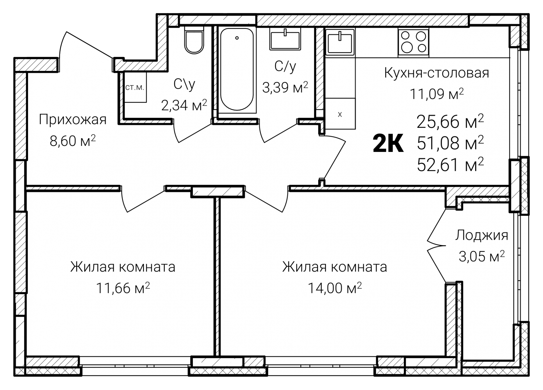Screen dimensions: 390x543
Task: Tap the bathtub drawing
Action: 237,69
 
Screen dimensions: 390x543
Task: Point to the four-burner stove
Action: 413,42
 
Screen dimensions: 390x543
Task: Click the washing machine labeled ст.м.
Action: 135,88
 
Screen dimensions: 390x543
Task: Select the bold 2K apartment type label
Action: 388,144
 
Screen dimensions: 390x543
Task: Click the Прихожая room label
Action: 73,120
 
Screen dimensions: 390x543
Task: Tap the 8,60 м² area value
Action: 73,141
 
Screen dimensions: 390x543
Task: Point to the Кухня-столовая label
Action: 437,73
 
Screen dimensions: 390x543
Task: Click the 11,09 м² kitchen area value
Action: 437,94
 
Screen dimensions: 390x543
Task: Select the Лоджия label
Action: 481,235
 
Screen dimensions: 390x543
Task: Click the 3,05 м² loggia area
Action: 481,256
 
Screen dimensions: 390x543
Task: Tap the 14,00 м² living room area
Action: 335,288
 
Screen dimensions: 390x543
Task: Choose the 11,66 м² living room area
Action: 123,288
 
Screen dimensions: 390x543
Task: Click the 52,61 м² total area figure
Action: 450,165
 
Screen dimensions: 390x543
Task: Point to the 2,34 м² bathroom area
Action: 184,105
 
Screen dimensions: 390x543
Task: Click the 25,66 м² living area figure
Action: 450,122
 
